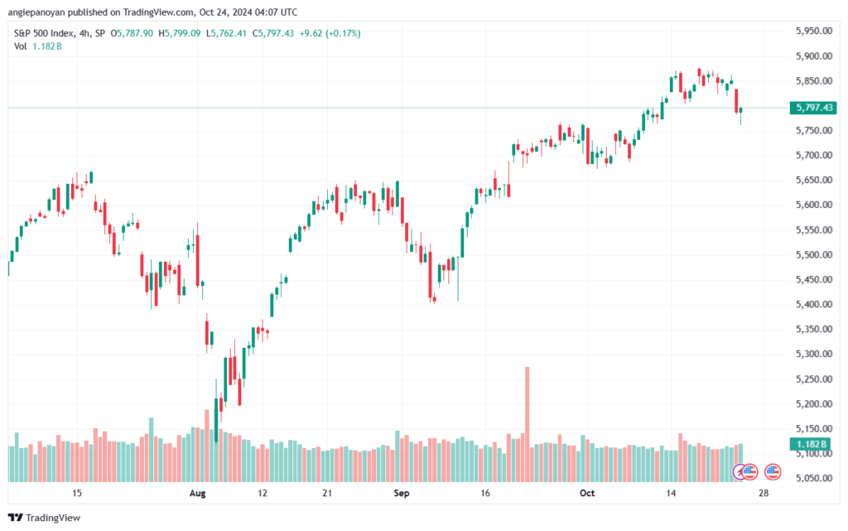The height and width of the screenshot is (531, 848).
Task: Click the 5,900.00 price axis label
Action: point(814,56)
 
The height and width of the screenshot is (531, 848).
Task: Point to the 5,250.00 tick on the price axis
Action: point(814,379)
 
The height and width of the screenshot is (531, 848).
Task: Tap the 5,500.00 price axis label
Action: point(814,254)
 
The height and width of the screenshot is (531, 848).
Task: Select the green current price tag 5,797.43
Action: point(813,108)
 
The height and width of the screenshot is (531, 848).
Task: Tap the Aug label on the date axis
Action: point(197,493)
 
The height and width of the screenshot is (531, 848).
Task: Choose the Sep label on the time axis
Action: point(402,493)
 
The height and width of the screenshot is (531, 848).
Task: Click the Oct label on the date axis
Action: point(587,493)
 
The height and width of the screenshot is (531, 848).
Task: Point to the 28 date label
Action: point(763,493)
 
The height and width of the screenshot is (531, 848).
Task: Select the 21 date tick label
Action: point(326,493)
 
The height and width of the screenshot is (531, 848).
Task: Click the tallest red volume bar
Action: point(528,424)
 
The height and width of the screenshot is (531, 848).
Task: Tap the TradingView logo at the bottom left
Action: point(45,518)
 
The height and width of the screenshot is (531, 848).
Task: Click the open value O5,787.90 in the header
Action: point(132,33)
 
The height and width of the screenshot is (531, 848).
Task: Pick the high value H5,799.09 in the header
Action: point(180,33)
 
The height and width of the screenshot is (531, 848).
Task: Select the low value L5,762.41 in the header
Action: point(226,33)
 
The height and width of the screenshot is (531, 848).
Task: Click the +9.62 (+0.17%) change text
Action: point(330,33)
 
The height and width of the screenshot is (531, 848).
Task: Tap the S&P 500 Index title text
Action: point(44,33)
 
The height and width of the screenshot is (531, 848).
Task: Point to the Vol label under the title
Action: point(20,46)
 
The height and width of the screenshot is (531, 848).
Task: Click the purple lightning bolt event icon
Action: point(739,472)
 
